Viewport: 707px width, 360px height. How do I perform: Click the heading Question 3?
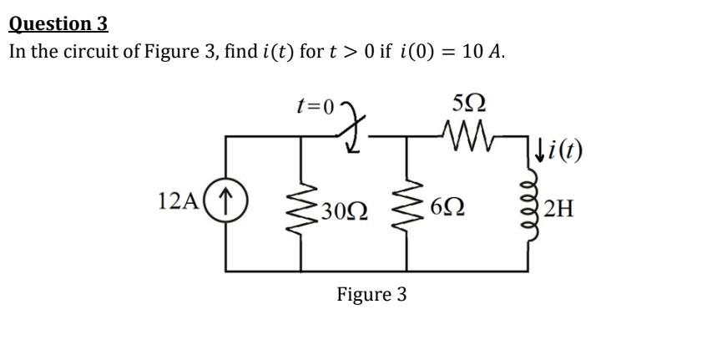point(58,23)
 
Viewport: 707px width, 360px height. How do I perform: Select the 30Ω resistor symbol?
point(300,203)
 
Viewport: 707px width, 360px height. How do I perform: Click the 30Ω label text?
point(343,205)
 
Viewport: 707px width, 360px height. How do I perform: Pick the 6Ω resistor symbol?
point(407,203)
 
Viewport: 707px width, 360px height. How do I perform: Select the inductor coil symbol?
point(527,203)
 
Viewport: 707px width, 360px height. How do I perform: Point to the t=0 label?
point(316,107)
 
